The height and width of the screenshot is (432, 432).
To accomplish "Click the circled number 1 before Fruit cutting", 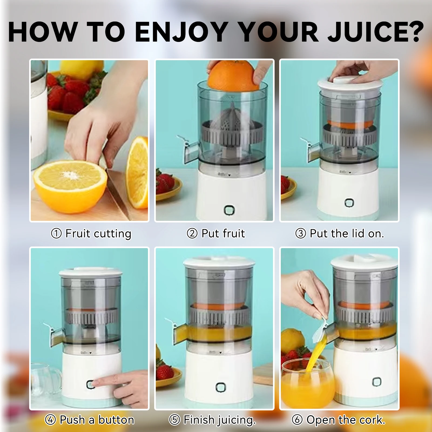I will [x=56, y=233].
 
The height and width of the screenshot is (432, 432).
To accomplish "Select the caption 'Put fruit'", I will [x=223, y=233].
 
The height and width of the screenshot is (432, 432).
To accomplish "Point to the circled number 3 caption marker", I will [x=301, y=233].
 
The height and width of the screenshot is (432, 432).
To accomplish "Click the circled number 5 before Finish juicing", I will [x=174, y=420].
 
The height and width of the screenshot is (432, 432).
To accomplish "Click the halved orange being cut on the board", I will [x=70, y=184].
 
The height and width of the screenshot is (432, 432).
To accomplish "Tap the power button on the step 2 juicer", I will [x=229, y=210].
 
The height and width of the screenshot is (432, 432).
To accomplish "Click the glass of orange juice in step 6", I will [x=308, y=383].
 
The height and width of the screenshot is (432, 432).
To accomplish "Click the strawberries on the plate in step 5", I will [x=164, y=371].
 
